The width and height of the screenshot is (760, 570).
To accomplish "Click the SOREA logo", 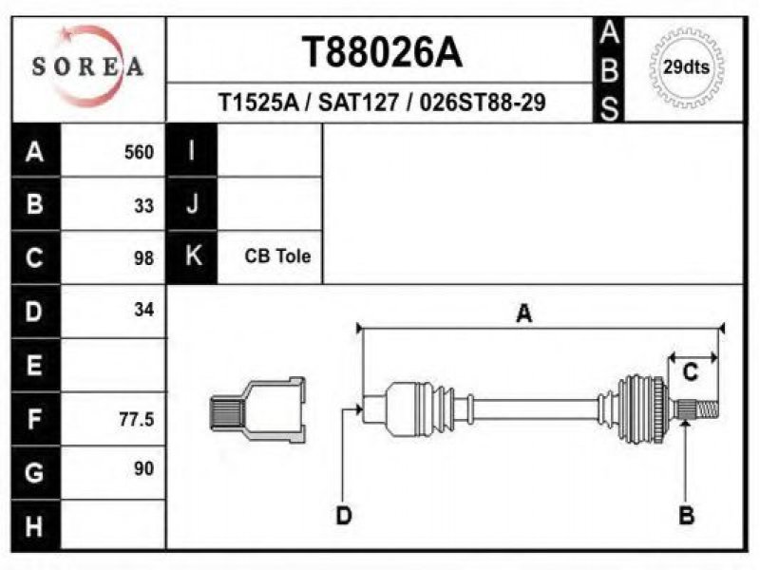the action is click(87, 66).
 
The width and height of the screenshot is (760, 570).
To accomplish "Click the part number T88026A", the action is click(382, 52).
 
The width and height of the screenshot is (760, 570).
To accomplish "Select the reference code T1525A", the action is click(258, 103).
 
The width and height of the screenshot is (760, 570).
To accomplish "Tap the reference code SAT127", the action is click(359, 103).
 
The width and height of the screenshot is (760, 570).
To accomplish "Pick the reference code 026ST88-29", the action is click(483, 103).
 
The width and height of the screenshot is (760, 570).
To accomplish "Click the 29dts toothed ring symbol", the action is click(686, 67).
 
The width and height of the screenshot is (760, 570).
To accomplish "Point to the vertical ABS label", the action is click(609, 70).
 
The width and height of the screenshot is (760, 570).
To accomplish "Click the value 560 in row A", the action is click(139, 152).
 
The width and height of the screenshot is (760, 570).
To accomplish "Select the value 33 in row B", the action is click(144, 206).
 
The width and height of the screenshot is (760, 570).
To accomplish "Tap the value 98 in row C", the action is click(144, 258).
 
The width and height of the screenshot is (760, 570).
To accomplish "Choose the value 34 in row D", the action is click(144, 310).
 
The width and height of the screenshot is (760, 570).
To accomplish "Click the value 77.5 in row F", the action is click(137, 419).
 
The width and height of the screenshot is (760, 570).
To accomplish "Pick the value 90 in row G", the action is click(144, 468).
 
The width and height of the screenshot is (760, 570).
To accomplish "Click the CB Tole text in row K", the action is click(277, 256).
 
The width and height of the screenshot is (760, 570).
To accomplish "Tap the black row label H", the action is click(35, 525).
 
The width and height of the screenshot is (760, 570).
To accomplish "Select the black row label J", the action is click(192, 203).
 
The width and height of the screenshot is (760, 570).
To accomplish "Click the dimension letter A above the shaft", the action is click(524, 313).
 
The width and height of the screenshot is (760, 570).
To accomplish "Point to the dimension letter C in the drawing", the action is click(691, 372).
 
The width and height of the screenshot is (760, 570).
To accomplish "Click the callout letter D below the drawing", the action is click(344, 515).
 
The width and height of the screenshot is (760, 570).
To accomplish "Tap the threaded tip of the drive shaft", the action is click(707, 410).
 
